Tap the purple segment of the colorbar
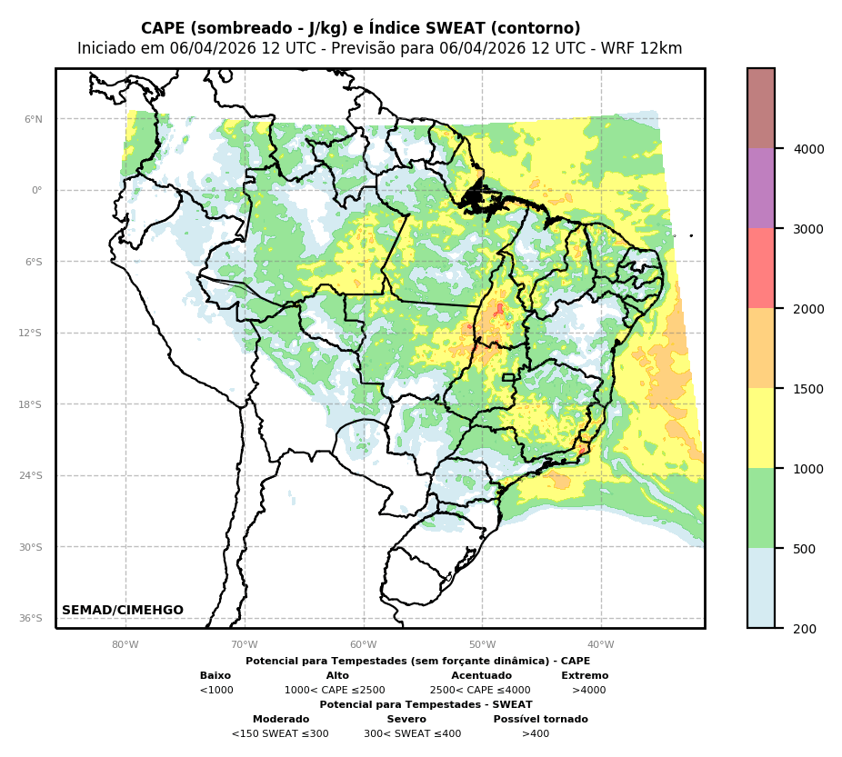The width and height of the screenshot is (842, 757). tap(761, 189)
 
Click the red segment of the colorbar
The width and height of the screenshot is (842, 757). tap(761, 269)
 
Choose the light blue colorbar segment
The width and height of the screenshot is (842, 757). tap(761, 588)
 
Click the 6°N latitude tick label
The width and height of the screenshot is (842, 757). tap(34, 119)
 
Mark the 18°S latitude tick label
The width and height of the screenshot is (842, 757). tap(31, 404)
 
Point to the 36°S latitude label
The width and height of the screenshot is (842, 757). tap(31, 618)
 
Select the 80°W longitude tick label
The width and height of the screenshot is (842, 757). tap(125, 645)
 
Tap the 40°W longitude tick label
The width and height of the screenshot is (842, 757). tap(601, 645)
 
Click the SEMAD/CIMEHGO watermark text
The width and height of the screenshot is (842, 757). tap(123, 611)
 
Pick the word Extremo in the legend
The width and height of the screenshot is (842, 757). tap(585, 676)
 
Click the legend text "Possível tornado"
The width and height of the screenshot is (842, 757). tap(540, 720)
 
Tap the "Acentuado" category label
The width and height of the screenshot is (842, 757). tap(481, 676)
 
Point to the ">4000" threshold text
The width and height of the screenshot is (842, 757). tap(588, 691)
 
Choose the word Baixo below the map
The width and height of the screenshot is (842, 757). tap(216, 676)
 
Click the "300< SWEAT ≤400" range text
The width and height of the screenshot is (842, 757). tap(412, 734)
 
